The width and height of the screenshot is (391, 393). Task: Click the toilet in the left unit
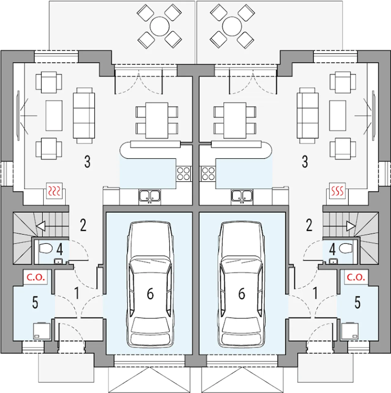pos(45,248)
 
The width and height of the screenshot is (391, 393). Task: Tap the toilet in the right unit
pos(346,248)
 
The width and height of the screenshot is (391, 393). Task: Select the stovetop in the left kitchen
pos(183,174)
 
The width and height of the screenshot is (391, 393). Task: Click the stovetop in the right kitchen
pos(208,174)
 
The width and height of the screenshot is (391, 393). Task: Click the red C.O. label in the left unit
pos(36,277)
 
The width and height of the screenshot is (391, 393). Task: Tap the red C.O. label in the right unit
pos(356,277)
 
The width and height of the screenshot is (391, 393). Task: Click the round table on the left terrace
pos(159,27)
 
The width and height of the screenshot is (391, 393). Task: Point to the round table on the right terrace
pos(232,27)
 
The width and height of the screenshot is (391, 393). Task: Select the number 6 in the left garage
pos(150,294)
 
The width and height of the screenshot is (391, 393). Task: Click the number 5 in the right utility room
pos(357,302)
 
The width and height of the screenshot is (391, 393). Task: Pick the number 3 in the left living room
pos(87,161)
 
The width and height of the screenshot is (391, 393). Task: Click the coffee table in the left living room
pos(54,115)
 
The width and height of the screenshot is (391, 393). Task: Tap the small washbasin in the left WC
pos(58,261)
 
